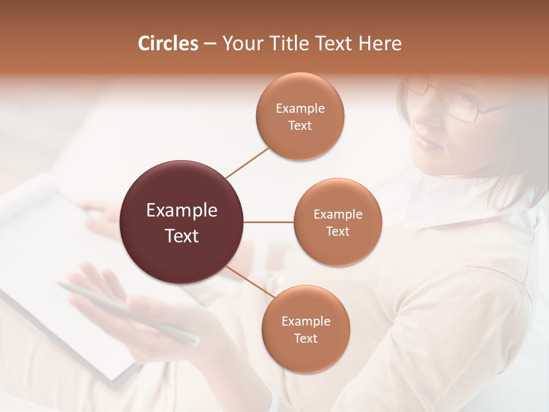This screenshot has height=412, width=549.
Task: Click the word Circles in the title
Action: [168, 43]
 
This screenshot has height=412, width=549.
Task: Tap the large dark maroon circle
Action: [182, 222]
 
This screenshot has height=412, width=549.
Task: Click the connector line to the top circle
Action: [247, 163]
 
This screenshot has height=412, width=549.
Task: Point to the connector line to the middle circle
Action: [269, 222]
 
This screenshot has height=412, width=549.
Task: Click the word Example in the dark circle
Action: [182, 211]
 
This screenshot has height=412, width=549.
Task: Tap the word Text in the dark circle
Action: [182, 236]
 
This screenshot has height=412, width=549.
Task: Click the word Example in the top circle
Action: [300, 109]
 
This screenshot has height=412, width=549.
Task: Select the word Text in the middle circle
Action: [337, 232]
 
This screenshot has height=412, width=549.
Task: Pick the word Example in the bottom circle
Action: [306, 321]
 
